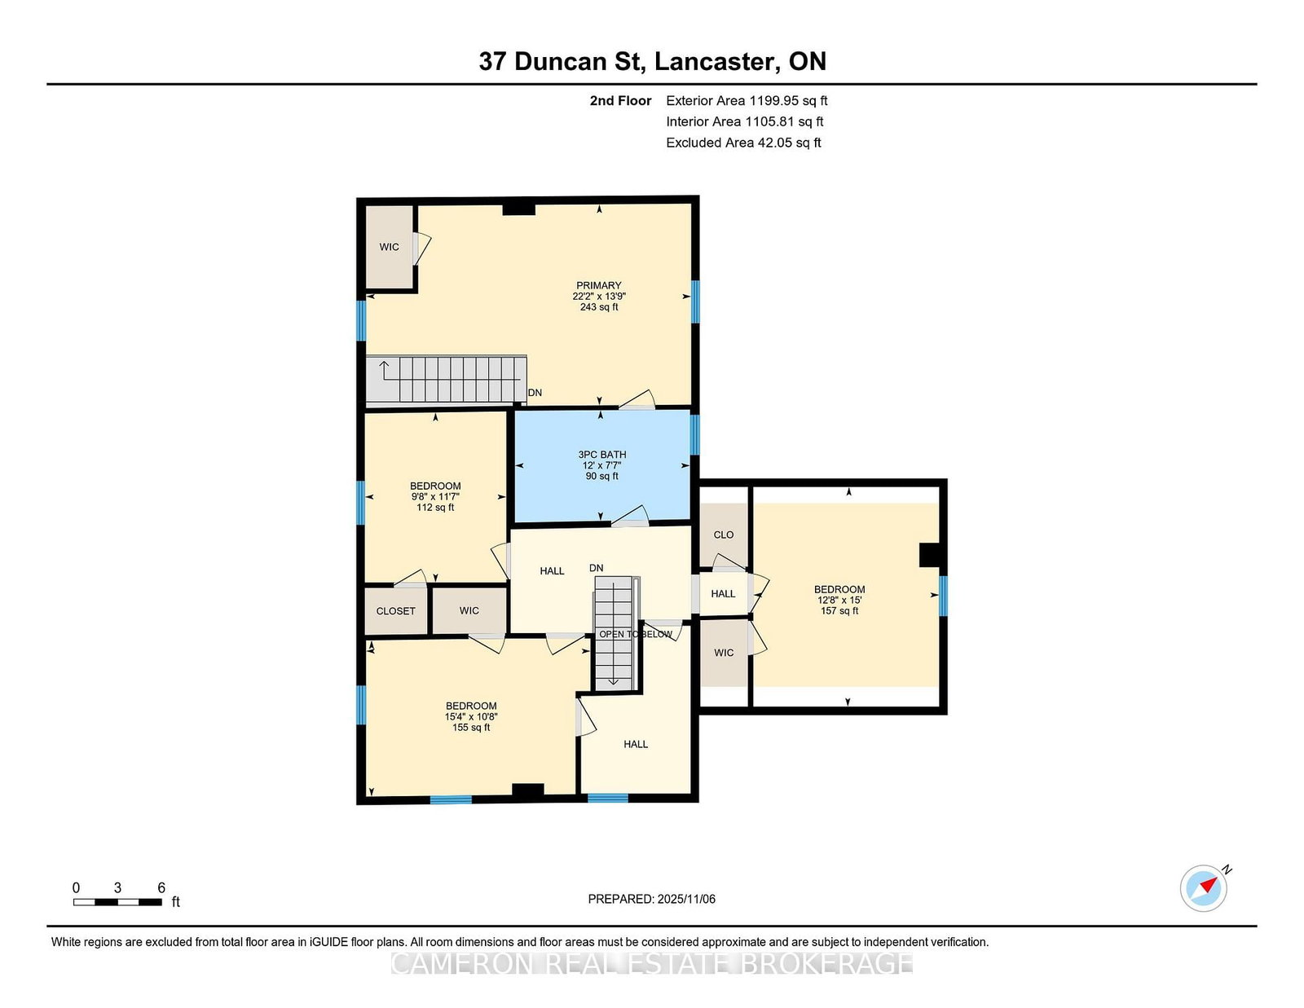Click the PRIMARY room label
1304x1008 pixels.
tap(598, 285)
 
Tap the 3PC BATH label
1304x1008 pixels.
tap(602, 455)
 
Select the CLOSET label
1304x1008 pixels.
tap(395, 611)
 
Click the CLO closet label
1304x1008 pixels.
tap(723, 535)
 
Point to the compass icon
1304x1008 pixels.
tap(1204, 888)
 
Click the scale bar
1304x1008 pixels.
tap(117, 902)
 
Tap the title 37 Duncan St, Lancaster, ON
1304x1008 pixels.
tap(652, 61)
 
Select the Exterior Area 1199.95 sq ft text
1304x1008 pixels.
tap(747, 101)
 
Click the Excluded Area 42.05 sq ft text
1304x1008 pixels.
tap(743, 143)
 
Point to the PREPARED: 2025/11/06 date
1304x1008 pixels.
tap(652, 899)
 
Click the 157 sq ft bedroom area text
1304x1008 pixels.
tap(839, 611)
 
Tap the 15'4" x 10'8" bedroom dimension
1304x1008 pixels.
tap(471, 716)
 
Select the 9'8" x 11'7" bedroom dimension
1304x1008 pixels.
tap(435, 497)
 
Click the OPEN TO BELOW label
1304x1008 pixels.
tap(636, 634)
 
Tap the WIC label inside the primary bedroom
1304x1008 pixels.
tap(389, 247)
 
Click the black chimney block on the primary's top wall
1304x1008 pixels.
tap(518, 208)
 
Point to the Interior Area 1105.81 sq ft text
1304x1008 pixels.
tap(745, 121)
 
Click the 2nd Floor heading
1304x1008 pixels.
tap(620, 101)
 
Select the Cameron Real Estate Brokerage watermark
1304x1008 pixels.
tap(652, 964)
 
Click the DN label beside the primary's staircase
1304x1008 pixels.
tap(535, 393)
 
